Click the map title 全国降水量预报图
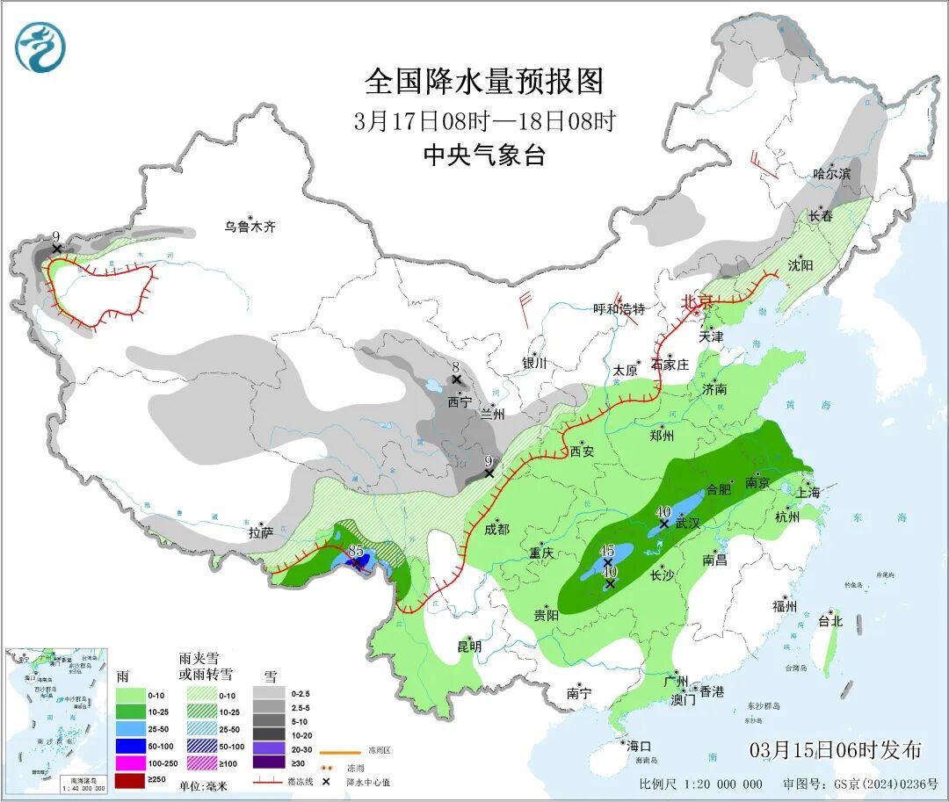coord(484,82)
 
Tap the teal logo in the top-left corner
coord(40,47)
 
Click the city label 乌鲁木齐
coord(250,227)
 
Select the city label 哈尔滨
coord(831,174)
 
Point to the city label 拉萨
coord(261,532)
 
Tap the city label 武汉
coord(688,523)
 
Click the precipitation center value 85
coord(356,551)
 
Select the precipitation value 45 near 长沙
coord(606,551)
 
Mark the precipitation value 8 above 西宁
coord(456,367)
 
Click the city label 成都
coord(496,529)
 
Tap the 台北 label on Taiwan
coord(829,621)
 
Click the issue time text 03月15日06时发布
coord(836,750)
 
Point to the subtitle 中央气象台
coord(484,155)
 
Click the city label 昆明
coord(469,647)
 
